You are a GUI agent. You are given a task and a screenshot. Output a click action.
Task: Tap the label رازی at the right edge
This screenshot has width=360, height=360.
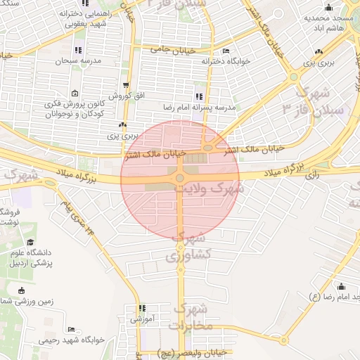pyautogui.click(x=312, y=177)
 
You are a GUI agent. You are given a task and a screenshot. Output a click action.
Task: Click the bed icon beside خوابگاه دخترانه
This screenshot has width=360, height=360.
pyautogui.click(x=225, y=51)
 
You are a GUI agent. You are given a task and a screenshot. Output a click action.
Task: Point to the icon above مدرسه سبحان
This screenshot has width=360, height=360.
pyautogui.click(x=77, y=50)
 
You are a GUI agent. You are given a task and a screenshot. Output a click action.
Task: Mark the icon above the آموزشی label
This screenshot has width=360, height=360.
pyautogui.click(x=142, y=308)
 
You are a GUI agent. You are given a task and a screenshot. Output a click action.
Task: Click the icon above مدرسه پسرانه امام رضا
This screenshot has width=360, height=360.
pyautogui.click(x=200, y=96)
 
